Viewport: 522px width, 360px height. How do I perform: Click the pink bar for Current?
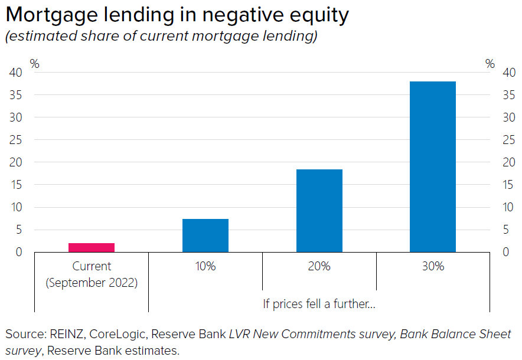92,247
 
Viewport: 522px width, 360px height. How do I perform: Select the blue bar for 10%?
205,235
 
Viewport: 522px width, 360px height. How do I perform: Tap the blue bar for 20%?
319,211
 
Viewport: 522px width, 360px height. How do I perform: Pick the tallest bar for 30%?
433,166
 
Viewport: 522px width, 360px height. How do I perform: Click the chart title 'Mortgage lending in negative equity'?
177,15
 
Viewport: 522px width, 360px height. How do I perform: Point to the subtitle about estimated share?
161,37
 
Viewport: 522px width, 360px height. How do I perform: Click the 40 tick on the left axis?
16,73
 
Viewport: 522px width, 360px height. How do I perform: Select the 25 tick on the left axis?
16,140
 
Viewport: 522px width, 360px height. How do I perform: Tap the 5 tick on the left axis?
19,230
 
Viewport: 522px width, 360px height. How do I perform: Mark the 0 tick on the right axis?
506,253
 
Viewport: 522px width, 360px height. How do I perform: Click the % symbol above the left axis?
35,64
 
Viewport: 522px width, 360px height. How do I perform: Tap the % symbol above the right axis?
490,64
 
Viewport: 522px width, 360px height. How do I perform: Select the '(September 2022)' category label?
92,283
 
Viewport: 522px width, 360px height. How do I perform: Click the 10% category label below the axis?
205,266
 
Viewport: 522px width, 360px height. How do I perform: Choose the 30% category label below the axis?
433,266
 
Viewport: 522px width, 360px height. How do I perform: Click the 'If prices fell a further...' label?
319,304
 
